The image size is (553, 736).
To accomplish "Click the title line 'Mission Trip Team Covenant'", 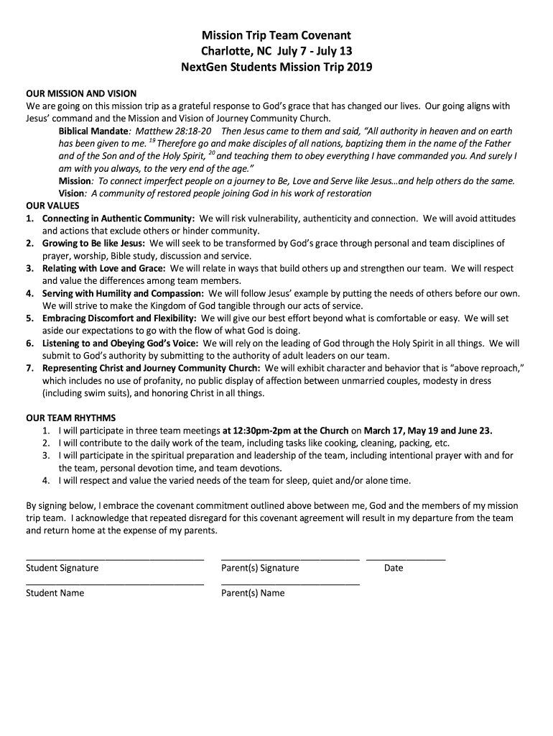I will point(276,35).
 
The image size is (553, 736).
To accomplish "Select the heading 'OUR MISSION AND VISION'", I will point(81,93).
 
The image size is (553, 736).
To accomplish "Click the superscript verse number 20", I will point(212,153).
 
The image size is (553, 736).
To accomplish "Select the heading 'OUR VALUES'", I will point(53,205).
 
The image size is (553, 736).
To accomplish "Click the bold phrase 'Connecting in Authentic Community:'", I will point(118,218).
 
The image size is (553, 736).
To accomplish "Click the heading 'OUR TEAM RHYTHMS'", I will point(71,418).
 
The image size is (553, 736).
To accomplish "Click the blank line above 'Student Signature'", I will point(115,558).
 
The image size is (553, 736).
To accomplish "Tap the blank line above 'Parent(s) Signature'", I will point(290,558).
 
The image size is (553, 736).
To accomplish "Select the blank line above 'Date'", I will point(405,558).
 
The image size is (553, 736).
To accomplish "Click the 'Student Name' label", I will point(55,593).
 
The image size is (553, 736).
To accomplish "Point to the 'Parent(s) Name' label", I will point(253,593).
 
